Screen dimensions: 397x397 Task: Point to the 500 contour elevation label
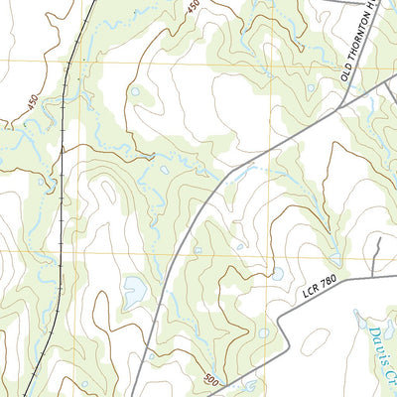tap(210, 378)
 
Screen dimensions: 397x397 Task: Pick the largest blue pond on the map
tap(133, 292)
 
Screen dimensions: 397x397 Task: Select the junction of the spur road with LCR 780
tap(374, 275)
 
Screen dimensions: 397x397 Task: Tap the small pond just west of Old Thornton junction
tap(311, 88)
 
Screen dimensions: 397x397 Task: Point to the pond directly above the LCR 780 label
tap(277, 273)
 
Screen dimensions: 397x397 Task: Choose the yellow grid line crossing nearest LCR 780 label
tap(269, 252)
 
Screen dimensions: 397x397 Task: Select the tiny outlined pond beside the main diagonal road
tap(197, 250)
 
